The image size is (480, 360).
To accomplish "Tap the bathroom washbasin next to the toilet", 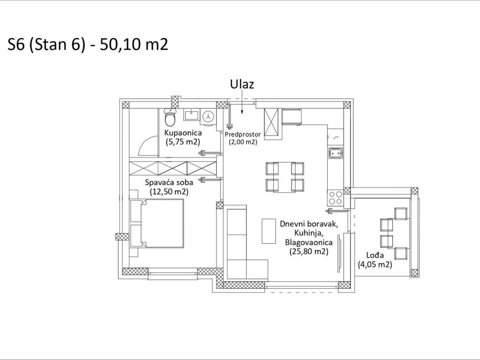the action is pyautogui.click(x=191, y=115).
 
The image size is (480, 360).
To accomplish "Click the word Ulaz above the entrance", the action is pyautogui.click(x=242, y=84).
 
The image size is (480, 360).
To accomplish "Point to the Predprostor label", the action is pyautogui.click(x=243, y=135).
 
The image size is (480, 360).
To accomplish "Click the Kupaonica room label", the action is pyautogui.click(x=183, y=133).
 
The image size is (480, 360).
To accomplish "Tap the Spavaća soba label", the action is pyautogui.click(x=169, y=183).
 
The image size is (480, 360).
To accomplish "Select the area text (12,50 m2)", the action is pyautogui.click(x=169, y=192).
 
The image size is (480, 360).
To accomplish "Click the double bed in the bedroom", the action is pyautogui.click(x=157, y=223).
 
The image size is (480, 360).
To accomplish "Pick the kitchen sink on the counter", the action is pyautogui.click(x=336, y=153).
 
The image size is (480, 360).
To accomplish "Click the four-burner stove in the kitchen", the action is pyautogui.click(x=336, y=197).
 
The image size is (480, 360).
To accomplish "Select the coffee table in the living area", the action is pyautogui.click(x=269, y=231).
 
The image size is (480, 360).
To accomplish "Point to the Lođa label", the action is pyautogui.click(x=375, y=255).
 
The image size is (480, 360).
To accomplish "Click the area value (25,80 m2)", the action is pyautogui.click(x=309, y=251).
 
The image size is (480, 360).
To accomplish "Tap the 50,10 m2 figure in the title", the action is pyautogui.click(x=134, y=45).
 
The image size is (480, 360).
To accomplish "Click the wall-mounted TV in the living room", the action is pyautogui.click(x=339, y=253).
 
